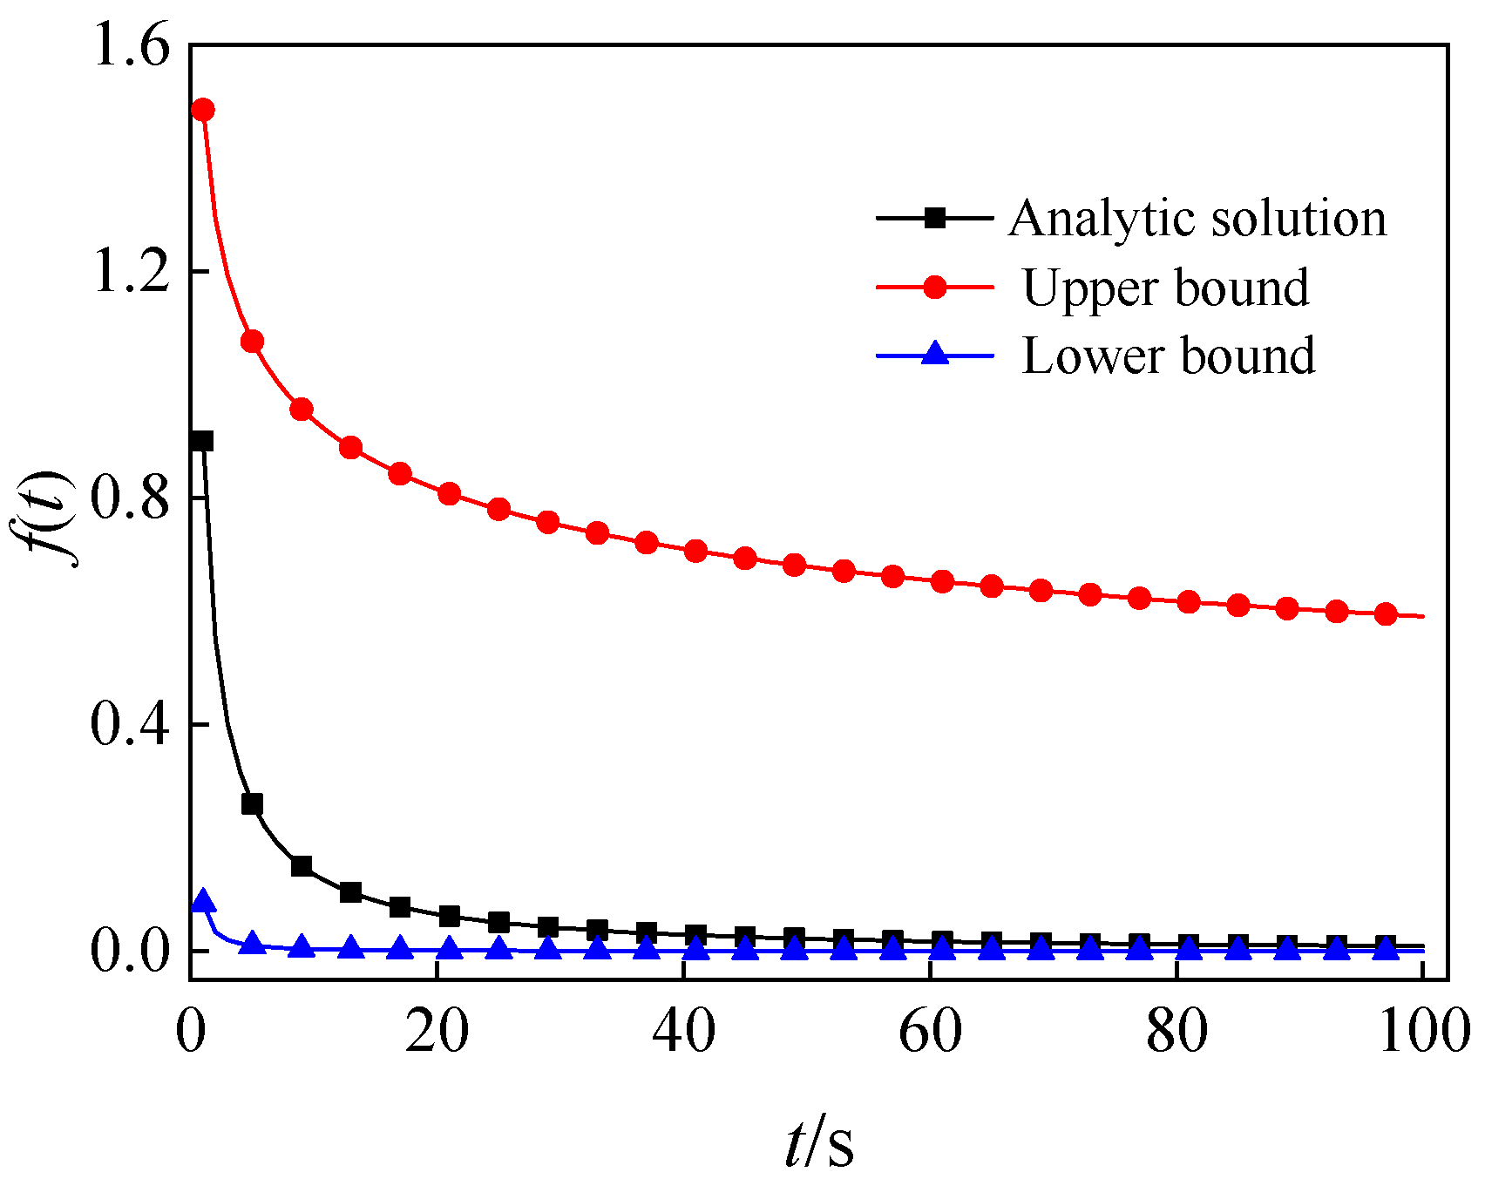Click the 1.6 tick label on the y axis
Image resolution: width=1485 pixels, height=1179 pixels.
tap(130, 45)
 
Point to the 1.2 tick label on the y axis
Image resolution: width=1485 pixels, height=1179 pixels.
tap(130, 272)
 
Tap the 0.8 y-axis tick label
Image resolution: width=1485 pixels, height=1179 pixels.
tap(130, 498)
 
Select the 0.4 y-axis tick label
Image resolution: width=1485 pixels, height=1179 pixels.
tap(130, 724)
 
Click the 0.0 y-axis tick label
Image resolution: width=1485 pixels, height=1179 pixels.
tap(130, 951)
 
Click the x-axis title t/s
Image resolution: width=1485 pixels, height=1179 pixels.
tap(818, 1144)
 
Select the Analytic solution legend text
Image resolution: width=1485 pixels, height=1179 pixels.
tap(1197, 218)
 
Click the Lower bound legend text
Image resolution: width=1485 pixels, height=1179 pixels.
tap(1168, 356)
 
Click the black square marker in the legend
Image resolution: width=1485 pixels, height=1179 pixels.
tap(934, 218)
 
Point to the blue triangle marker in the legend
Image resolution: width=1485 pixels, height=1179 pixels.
tap(934, 354)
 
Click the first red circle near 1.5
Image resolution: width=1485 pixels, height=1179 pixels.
tap(203, 110)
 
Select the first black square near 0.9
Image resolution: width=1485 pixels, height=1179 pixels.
tap(202, 441)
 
